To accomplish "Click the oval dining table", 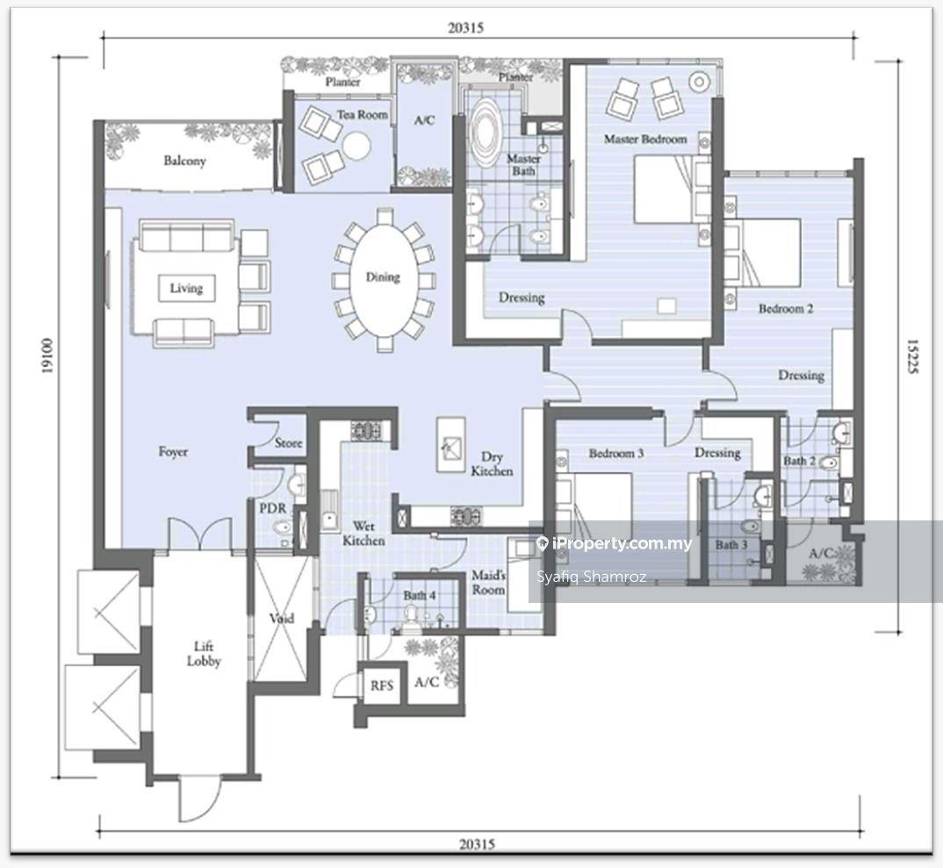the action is pos(383,277).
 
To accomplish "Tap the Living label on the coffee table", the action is pos(186,288).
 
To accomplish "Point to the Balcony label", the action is pos(184,161).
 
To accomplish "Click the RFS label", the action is pos(382,685).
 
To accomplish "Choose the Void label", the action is pos(282,618).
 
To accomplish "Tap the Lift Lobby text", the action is pos(204,654).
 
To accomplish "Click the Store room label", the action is pos(288,443).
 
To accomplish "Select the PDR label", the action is pos(272,508).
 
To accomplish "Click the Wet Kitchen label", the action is pos(364,534).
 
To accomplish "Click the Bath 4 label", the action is pos(420,595).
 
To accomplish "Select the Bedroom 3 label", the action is pos(615,453).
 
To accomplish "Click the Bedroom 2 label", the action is pos(786,308).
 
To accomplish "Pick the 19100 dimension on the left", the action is pos(47,355).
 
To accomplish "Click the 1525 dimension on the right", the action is pos(912,356).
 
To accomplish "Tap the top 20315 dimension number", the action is pos(465,28).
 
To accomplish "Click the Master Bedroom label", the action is pos(645,139).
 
